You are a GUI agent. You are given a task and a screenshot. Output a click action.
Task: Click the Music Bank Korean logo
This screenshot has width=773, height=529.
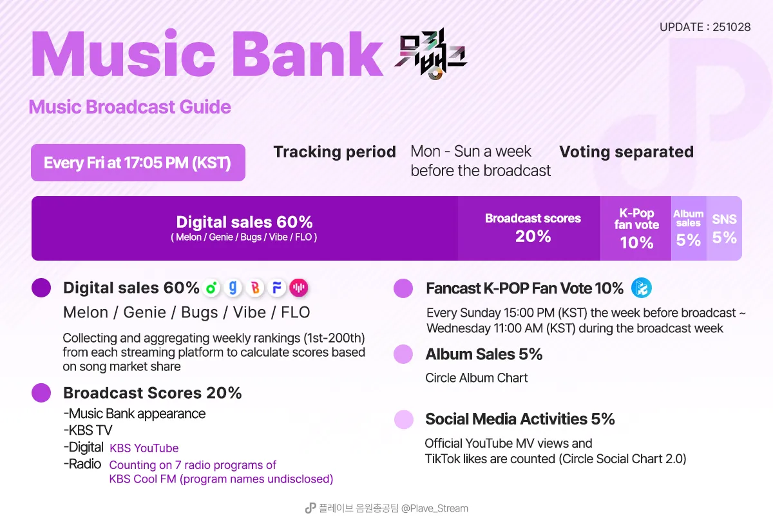pos(430,57)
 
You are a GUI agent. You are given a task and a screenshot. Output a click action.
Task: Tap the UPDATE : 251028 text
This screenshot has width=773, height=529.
pos(705,27)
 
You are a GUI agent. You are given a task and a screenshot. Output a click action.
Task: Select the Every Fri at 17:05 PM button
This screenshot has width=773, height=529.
pos(138,163)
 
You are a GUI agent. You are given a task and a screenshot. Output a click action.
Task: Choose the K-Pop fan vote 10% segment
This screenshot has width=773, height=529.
pos(636,228)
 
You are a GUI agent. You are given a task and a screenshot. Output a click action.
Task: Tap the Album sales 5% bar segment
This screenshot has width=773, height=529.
pos(688,228)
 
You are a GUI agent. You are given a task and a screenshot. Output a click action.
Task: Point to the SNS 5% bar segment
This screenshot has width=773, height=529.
pos(724,228)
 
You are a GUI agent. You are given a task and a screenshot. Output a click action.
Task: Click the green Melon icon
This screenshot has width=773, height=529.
pos(211,288)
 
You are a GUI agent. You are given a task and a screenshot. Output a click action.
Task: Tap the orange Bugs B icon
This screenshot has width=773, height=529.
pos(255,288)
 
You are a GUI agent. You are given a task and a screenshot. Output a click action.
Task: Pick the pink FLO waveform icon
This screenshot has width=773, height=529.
pos(298,288)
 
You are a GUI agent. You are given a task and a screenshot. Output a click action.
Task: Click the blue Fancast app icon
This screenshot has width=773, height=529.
pos(642,288)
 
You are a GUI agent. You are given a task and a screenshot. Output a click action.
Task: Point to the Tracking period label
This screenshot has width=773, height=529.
pos(334,152)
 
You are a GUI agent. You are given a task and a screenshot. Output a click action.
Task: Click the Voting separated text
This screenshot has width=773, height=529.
pos(626,152)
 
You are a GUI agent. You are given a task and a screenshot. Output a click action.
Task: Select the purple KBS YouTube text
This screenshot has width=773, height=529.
pos(144,448)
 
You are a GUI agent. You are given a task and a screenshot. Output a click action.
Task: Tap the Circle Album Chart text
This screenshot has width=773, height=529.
pos(477,378)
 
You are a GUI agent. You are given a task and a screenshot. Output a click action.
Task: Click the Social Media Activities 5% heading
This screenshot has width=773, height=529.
pos(520,419)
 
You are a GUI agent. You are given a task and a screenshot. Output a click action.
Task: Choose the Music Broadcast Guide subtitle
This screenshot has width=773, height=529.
pos(130,106)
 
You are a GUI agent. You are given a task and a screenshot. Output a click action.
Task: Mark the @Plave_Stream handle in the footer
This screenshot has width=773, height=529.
pos(435,508)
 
